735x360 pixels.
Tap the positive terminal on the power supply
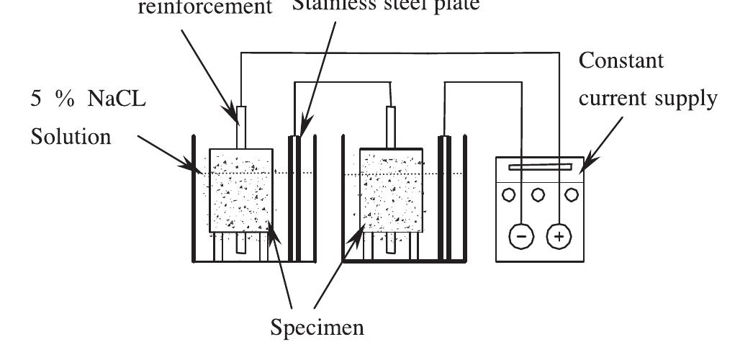pos(559,235)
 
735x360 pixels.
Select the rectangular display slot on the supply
pos(541,168)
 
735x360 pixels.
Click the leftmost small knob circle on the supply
pos(509,194)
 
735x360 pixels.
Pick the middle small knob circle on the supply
pos(538,194)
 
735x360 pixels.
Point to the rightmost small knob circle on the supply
pos(572,194)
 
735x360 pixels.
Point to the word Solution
pos(71,136)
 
